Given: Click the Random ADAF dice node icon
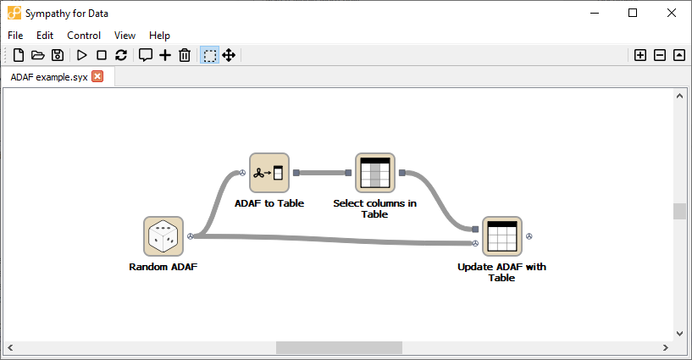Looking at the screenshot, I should (163, 236).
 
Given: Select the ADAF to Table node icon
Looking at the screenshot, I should (269, 173).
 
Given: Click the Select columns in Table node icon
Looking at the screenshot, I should (374, 173).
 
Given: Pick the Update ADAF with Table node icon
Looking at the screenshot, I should (502, 236).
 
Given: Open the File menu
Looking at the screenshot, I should (16, 36).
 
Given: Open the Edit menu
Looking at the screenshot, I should (45, 36).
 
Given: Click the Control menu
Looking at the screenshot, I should (84, 36).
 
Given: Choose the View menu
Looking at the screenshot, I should (125, 36).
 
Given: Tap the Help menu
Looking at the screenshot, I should (159, 36).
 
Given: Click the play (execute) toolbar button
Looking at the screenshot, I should (82, 55).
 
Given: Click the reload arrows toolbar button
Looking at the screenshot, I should (121, 55).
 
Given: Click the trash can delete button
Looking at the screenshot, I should (185, 55).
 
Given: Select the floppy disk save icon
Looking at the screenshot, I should (58, 55).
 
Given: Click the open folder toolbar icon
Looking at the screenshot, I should (37, 55).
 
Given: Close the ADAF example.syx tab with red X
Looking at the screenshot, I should (97, 76).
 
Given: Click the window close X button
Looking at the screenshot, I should (671, 13).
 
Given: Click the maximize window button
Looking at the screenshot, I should (633, 13).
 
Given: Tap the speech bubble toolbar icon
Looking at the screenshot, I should (146, 55).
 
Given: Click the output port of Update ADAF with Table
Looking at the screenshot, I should (529, 236).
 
